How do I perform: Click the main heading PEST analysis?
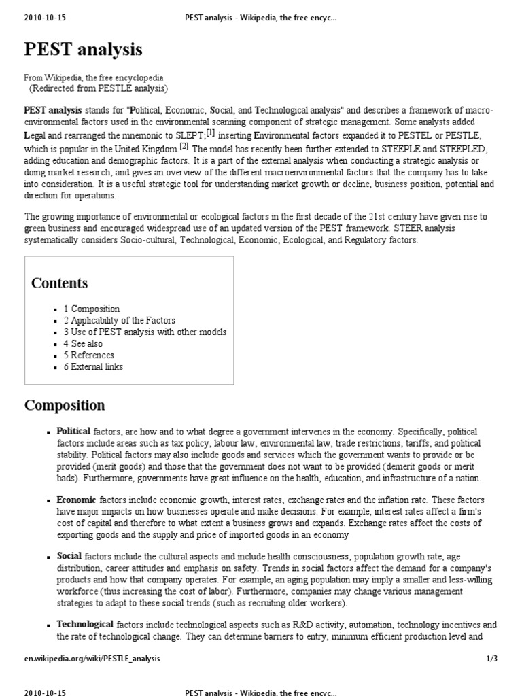click(84, 50)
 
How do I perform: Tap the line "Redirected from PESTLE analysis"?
click(99, 88)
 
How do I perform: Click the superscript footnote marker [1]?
click(211, 133)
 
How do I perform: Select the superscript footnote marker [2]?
click(184, 145)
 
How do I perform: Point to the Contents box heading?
click(59, 283)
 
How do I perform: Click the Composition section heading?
click(65, 406)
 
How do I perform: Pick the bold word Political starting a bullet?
click(73, 432)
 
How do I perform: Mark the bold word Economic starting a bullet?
click(75, 499)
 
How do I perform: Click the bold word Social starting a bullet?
click(69, 555)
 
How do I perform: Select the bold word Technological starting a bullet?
click(85, 624)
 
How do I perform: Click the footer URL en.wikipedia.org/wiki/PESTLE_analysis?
click(93, 659)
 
